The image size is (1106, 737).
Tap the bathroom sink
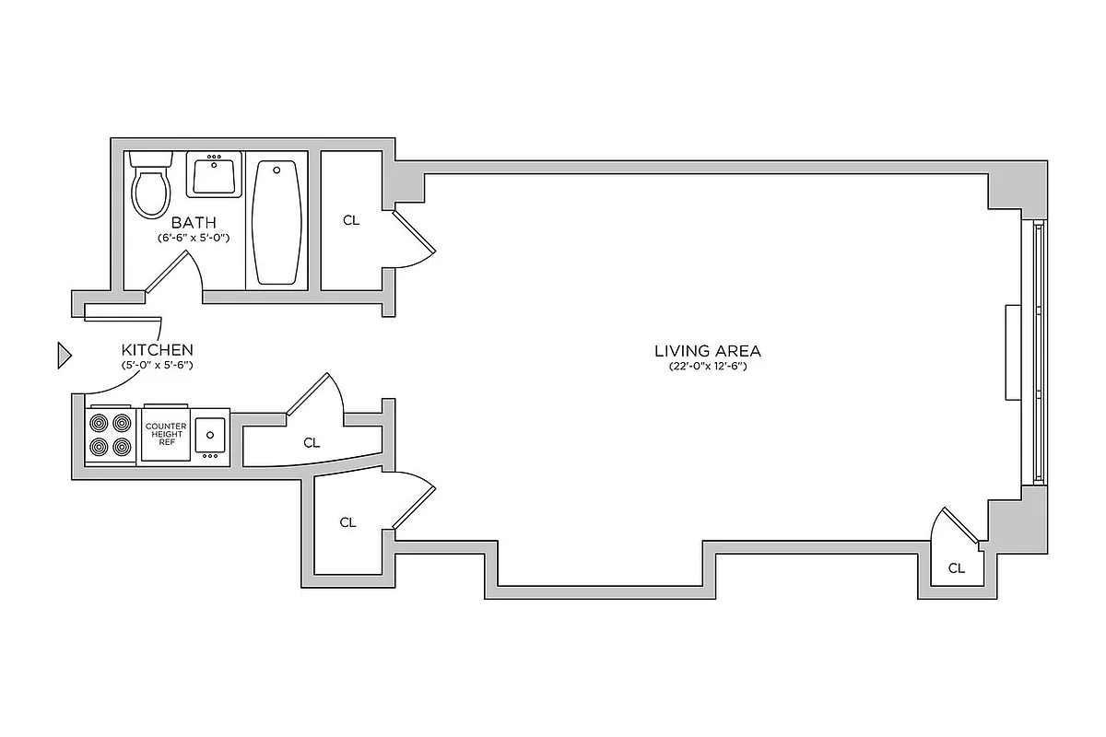click(215, 175)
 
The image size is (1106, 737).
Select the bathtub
click(276, 222)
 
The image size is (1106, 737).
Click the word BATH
click(194, 222)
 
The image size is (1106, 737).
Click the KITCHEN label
click(158, 350)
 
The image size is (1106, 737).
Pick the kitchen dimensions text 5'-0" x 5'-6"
click(158, 365)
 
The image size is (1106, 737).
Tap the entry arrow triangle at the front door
click(64, 355)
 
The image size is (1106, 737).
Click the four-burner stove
click(110, 436)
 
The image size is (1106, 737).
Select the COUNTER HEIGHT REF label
click(166, 434)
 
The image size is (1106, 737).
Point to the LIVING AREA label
click(707, 351)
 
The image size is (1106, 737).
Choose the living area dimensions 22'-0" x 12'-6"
click(707, 366)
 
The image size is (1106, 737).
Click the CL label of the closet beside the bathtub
click(350, 221)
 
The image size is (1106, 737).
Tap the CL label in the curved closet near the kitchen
click(312, 443)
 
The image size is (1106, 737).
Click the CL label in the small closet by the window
click(957, 568)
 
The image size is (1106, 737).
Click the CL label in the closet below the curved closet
click(347, 522)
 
